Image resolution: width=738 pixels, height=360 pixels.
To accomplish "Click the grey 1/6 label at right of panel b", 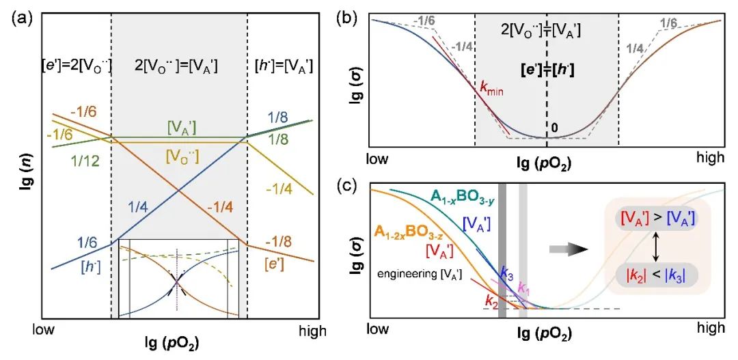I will click(670, 25).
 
